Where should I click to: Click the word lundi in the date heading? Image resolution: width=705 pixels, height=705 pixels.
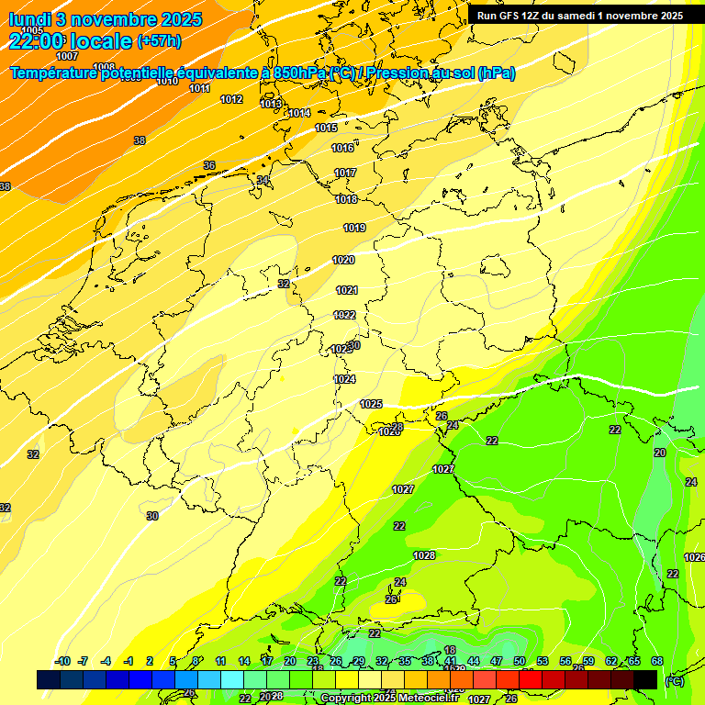coord(33,18)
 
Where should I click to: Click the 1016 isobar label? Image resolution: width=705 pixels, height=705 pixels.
coord(342,148)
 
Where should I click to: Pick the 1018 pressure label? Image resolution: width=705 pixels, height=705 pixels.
coord(346,199)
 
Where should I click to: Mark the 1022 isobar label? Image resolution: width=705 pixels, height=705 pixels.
coord(344,315)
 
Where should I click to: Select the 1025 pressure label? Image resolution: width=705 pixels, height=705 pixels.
coord(371,404)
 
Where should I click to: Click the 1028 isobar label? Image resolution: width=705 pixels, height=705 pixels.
coord(424,555)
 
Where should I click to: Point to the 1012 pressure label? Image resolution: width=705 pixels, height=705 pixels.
coord(231,99)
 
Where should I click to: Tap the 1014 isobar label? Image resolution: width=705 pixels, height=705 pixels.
coord(299,113)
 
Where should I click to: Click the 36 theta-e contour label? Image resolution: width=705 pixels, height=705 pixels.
coord(209,165)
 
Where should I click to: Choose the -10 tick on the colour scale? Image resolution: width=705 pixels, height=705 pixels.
coord(62,661)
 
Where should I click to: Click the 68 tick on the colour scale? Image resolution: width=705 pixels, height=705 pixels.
coord(657,661)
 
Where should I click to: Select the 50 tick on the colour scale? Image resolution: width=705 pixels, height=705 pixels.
coord(520,661)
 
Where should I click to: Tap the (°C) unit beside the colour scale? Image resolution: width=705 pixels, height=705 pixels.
coord(674,680)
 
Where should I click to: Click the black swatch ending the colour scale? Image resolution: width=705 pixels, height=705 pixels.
coord(645,679)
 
